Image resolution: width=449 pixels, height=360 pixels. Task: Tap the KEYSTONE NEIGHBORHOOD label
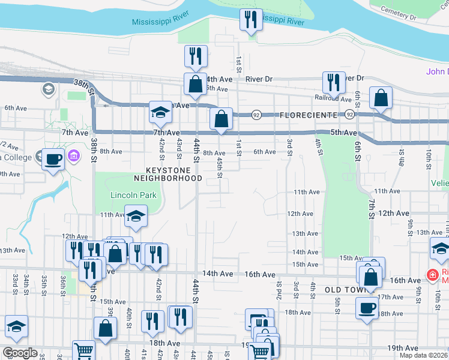pos(167,174)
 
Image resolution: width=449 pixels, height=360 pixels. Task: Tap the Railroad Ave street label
pos(333,98)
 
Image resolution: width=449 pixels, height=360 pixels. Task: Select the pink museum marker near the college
pos(74,157)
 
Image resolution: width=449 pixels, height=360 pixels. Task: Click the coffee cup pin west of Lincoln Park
pos(53,159)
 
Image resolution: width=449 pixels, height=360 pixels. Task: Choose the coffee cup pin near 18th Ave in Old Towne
pos(367,308)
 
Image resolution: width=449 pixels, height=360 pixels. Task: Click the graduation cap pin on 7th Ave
pos(160,112)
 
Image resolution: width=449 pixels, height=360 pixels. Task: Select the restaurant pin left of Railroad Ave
pos(333,82)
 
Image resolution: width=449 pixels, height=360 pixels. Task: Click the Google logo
pos(20,353)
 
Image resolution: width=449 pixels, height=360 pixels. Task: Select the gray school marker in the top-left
pos(48,90)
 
